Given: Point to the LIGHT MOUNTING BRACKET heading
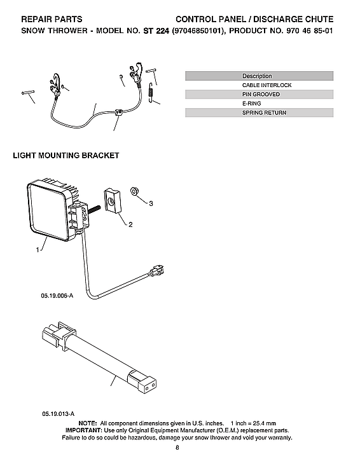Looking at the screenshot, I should [x=66, y=156].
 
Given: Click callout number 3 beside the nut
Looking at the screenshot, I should [x=151, y=204].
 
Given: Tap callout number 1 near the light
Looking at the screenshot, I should [x=37, y=250].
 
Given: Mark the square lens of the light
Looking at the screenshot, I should [x=47, y=212].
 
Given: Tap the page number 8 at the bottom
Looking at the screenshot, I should [x=180, y=449].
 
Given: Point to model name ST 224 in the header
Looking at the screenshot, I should [x=156, y=31].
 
